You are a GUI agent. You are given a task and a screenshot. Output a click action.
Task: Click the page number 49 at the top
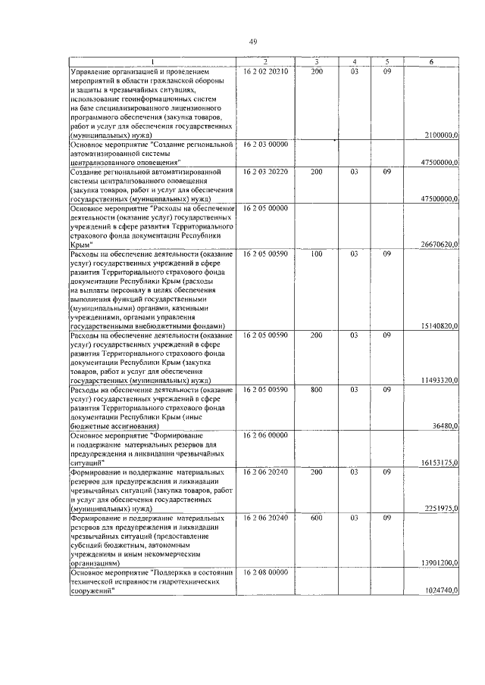[253, 42]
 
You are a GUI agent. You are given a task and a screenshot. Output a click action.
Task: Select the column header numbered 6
[431, 62]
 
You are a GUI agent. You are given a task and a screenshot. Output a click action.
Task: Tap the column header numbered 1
[152, 62]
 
